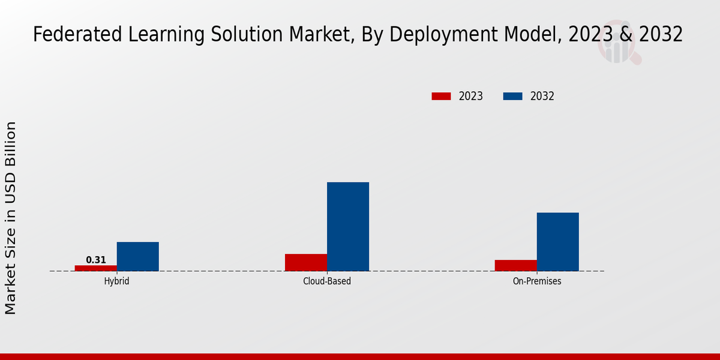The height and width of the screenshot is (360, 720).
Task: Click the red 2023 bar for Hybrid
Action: click(x=96, y=268)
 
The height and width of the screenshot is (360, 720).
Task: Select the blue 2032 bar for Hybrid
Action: click(x=138, y=256)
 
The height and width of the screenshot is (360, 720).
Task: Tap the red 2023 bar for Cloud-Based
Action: click(x=306, y=262)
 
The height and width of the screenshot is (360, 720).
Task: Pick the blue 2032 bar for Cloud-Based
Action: click(x=348, y=226)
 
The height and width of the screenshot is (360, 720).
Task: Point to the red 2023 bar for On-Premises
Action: click(x=516, y=265)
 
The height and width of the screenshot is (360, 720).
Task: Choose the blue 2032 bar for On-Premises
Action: click(x=558, y=242)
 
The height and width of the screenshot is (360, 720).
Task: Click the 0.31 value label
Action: click(x=96, y=260)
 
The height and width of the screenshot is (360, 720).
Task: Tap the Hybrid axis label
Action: click(x=116, y=281)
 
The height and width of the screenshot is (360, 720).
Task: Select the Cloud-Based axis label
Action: click(x=327, y=281)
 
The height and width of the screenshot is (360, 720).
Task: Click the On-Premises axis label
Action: click(x=537, y=281)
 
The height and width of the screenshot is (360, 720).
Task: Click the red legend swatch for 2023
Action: click(x=441, y=96)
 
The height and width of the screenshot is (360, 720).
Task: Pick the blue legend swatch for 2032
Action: click(x=512, y=96)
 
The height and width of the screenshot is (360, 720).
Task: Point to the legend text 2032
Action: click(x=542, y=96)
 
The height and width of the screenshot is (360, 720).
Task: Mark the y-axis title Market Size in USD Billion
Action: click(x=11, y=218)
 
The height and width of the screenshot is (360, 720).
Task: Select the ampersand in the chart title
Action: click(x=625, y=35)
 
